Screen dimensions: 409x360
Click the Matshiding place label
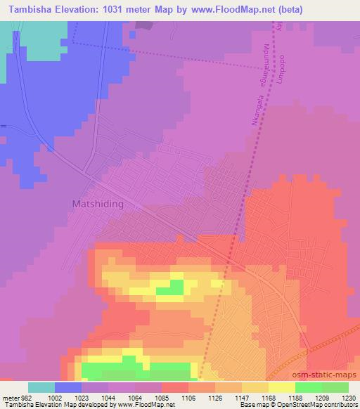(x=98, y=204)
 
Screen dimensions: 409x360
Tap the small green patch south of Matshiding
(x=169, y=287)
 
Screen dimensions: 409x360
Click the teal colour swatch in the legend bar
(x=41, y=387)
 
